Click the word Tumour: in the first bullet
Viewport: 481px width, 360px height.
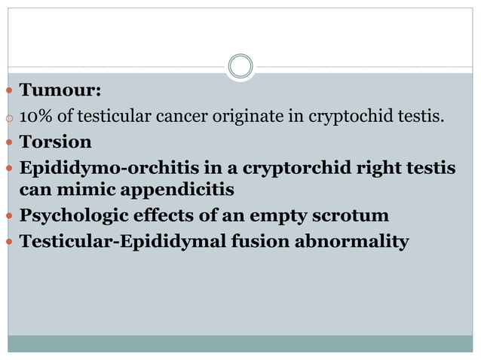point(60,92)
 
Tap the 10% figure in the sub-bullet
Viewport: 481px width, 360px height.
point(35,117)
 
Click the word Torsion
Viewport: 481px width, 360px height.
point(55,142)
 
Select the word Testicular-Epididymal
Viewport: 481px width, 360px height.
point(110,242)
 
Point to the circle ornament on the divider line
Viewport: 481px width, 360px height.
point(240,66)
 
